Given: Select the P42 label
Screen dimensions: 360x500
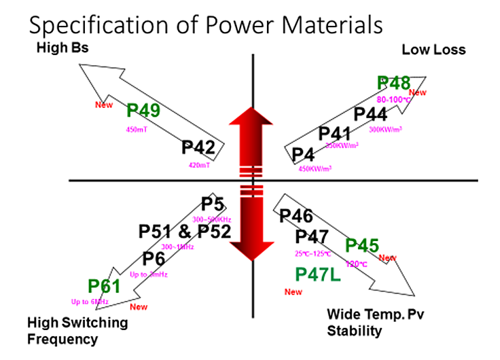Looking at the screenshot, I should (x=199, y=148).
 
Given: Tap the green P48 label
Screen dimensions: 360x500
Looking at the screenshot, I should (x=394, y=83).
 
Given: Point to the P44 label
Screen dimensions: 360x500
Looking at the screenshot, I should (x=371, y=113).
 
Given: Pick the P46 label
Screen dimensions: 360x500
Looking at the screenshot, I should (x=296, y=217).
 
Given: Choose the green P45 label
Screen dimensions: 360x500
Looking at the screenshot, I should (x=362, y=245).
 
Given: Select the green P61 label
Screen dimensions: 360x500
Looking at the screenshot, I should (x=103, y=287).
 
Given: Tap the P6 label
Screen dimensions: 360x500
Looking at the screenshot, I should (x=154, y=259).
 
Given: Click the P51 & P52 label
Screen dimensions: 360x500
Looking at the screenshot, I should (x=185, y=231).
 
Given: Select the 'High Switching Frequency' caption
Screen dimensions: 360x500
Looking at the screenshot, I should (x=77, y=330).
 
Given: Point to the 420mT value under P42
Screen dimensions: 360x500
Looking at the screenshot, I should (x=198, y=164).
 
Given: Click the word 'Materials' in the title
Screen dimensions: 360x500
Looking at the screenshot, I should (x=327, y=26).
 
